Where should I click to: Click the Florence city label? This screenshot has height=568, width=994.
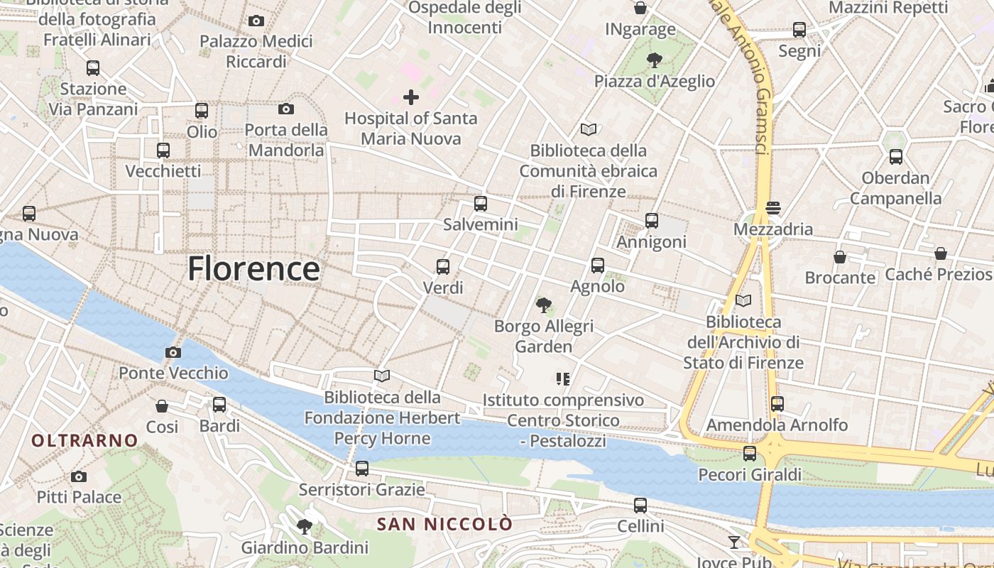pyautogui.click(x=253, y=269)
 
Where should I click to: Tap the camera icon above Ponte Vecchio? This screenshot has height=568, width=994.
pyautogui.click(x=173, y=352)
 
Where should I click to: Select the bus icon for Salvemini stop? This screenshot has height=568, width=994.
pyautogui.click(x=481, y=204)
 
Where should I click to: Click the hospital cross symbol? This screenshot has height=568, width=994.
pyautogui.click(x=410, y=97)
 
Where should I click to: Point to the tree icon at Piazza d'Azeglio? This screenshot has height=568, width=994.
pyautogui.click(x=654, y=60)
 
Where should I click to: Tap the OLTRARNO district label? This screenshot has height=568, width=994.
pyautogui.click(x=84, y=440)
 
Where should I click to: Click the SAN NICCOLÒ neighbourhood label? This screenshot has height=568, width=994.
pyautogui.click(x=444, y=525)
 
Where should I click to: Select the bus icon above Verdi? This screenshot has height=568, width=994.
pyautogui.click(x=443, y=267)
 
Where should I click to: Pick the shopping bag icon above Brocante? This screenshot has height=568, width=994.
pyautogui.click(x=840, y=257)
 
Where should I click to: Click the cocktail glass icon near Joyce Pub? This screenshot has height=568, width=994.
pyautogui.click(x=734, y=542)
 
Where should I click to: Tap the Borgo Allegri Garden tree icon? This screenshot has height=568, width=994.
pyautogui.click(x=544, y=305)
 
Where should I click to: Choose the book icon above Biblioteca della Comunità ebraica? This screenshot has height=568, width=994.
pyautogui.click(x=588, y=129)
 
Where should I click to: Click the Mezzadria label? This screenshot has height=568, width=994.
pyautogui.click(x=772, y=229)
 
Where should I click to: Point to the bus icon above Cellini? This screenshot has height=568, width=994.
pyautogui.click(x=640, y=506)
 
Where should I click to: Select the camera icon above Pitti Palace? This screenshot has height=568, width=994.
pyautogui.click(x=79, y=476)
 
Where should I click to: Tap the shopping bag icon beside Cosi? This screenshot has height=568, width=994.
pyautogui.click(x=162, y=406)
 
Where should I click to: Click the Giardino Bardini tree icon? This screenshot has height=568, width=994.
pyautogui.click(x=305, y=526)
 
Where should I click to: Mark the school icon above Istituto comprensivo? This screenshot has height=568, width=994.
pyautogui.click(x=563, y=379)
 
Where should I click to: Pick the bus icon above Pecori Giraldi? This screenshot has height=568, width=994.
pyautogui.click(x=750, y=454)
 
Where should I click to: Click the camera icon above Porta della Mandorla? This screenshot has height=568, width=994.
pyautogui.click(x=286, y=109)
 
